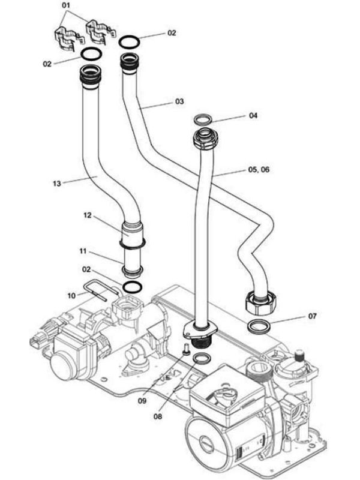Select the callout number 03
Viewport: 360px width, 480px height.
tap(179, 102)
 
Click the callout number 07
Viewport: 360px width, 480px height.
tap(312, 316)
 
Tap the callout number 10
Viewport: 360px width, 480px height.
tap(70, 295)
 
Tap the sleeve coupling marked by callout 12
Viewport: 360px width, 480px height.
tap(133, 233)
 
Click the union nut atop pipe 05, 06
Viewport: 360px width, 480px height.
tap(203, 140)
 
